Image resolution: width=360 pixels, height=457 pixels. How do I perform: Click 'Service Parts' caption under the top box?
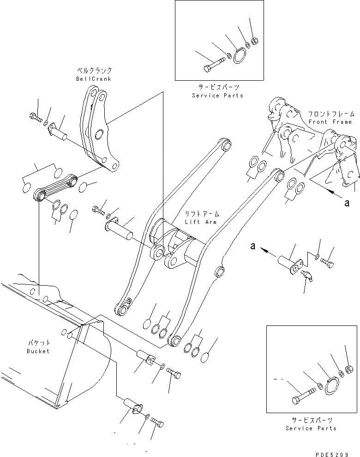point(217,96)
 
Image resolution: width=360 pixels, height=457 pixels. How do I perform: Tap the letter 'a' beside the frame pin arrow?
point(252,246)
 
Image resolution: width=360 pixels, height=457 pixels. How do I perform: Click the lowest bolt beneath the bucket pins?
point(158,421)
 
